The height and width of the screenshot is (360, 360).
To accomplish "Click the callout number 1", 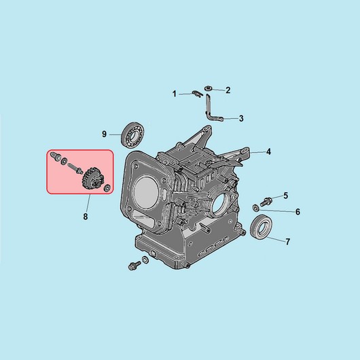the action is click(x=175, y=94).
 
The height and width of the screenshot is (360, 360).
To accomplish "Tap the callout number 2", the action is click(x=228, y=90).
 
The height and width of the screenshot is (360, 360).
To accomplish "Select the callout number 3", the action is click(x=241, y=118).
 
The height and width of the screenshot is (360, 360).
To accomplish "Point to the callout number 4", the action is click(x=268, y=151).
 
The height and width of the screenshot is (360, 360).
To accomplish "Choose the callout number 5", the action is click(x=285, y=196).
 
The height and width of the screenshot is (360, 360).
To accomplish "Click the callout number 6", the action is click(x=298, y=212).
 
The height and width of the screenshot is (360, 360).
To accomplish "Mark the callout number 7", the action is click(x=288, y=242).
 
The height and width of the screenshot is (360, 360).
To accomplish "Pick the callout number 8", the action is click(x=86, y=216).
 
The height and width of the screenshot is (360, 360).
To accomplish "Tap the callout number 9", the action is click(x=104, y=134).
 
